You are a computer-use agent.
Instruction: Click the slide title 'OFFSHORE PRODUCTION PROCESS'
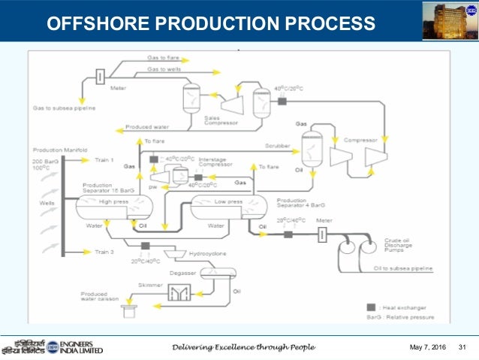[x=211, y=23]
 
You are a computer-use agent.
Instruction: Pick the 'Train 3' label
[x=104, y=252]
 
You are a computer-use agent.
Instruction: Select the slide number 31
[x=462, y=347]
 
